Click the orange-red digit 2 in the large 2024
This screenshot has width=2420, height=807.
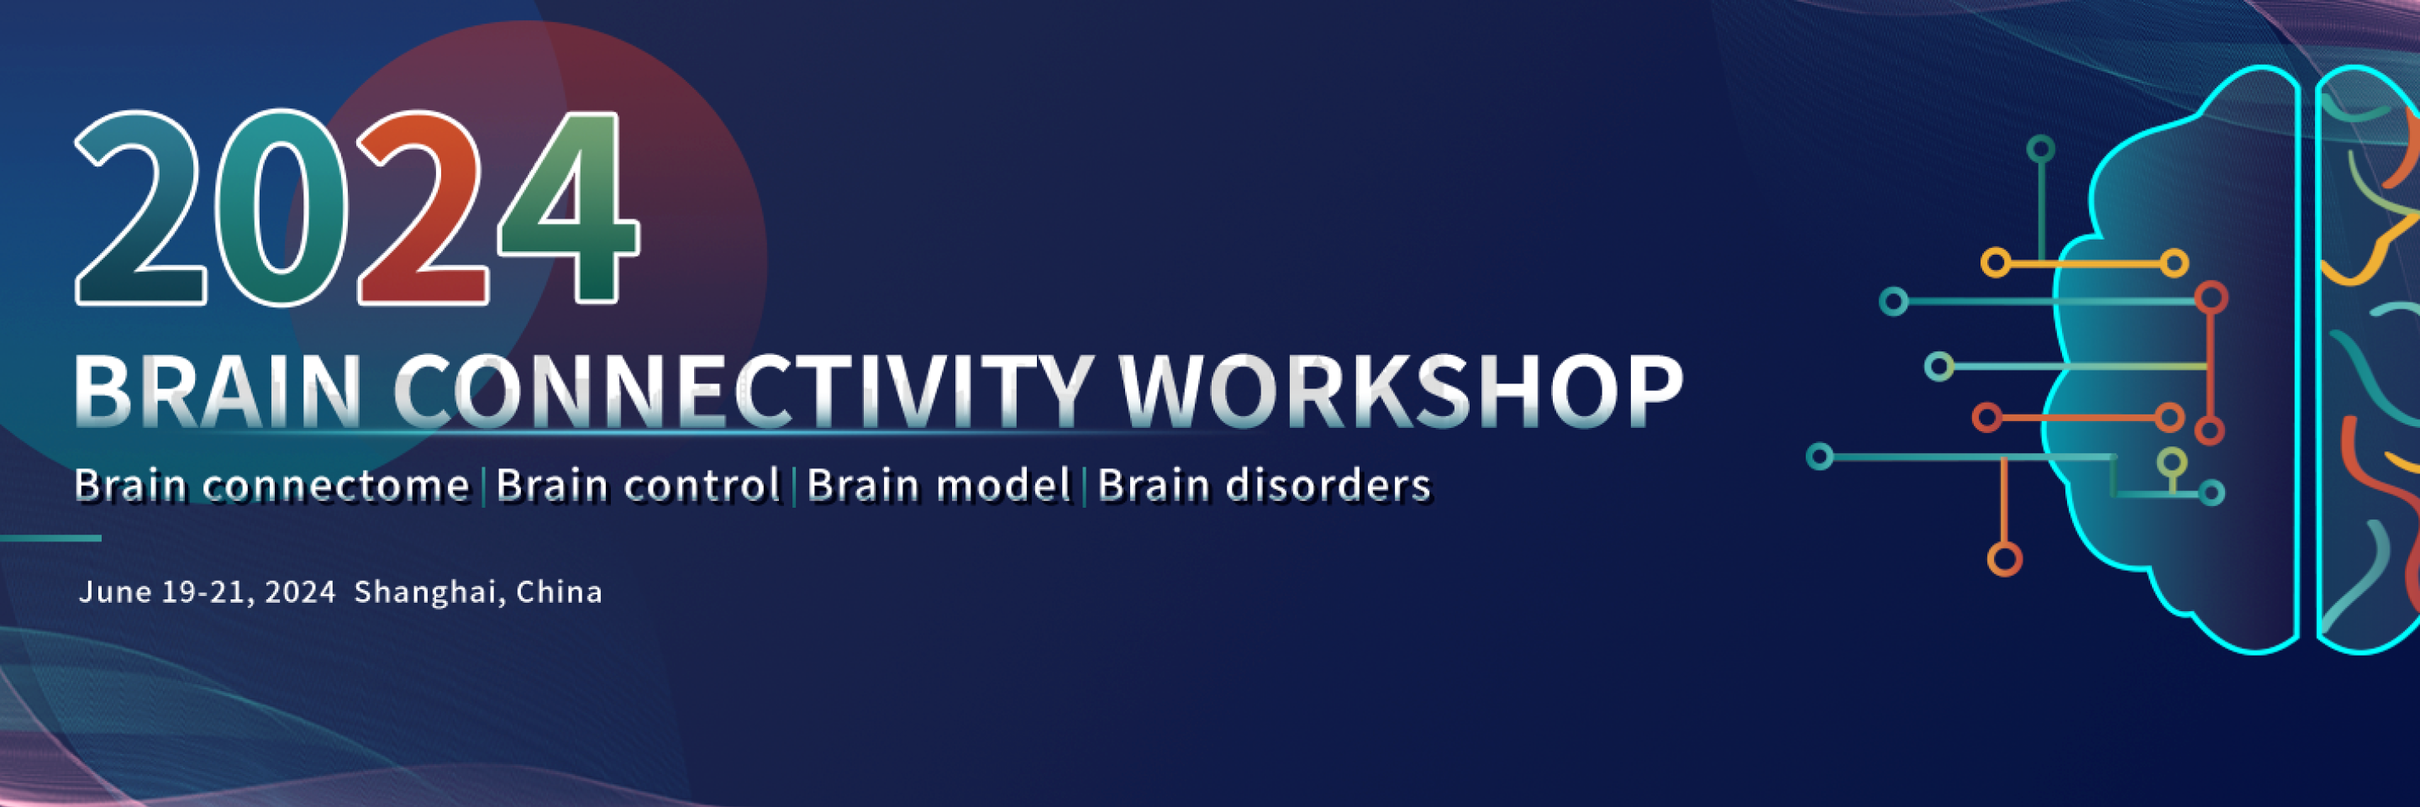(423, 208)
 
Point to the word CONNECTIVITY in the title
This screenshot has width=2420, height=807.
(743, 391)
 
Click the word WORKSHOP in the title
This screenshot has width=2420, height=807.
(1401, 391)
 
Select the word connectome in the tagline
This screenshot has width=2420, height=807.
(336, 486)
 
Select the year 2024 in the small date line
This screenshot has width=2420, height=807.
(300, 592)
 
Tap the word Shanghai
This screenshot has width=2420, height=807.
(429, 593)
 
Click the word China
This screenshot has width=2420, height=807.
(559, 592)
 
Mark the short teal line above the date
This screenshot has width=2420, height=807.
(50, 538)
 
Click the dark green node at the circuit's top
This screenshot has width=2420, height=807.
(2040, 149)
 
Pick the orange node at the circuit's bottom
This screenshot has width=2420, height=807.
(2005, 560)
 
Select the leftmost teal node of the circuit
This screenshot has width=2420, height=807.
(1820, 457)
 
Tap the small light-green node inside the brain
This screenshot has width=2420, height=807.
(2171, 462)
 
